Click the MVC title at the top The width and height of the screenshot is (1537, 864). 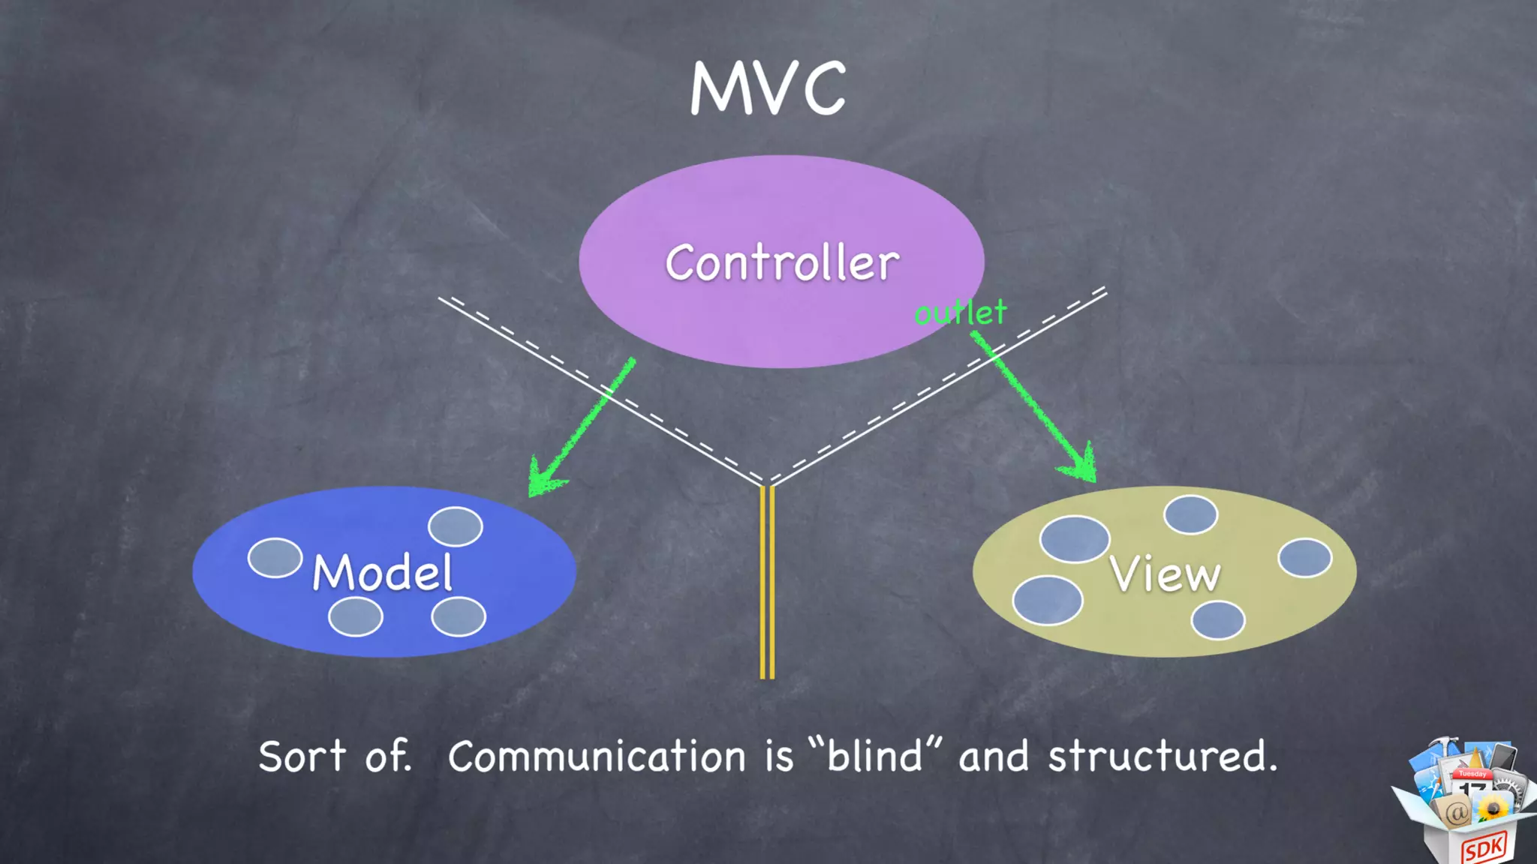click(768, 88)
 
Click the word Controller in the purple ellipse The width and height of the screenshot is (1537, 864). click(782, 262)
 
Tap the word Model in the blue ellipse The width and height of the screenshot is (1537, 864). click(382, 572)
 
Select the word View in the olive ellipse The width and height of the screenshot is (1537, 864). click(1165, 574)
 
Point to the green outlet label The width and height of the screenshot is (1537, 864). click(961, 313)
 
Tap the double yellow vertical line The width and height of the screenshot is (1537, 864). click(767, 582)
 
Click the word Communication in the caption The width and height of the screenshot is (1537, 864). click(597, 756)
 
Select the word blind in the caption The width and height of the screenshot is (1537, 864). click(874, 756)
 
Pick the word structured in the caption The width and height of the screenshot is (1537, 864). click(1161, 756)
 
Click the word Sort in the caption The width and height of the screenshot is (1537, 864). click(302, 756)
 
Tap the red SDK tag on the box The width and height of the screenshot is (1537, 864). click(1483, 848)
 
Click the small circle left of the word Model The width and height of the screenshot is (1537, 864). click(275, 558)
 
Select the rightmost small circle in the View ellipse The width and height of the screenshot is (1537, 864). click(1305, 558)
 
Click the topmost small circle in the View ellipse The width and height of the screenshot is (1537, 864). click(1190, 514)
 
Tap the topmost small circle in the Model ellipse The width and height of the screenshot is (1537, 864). click(456, 526)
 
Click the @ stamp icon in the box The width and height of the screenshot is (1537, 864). click(1454, 812)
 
